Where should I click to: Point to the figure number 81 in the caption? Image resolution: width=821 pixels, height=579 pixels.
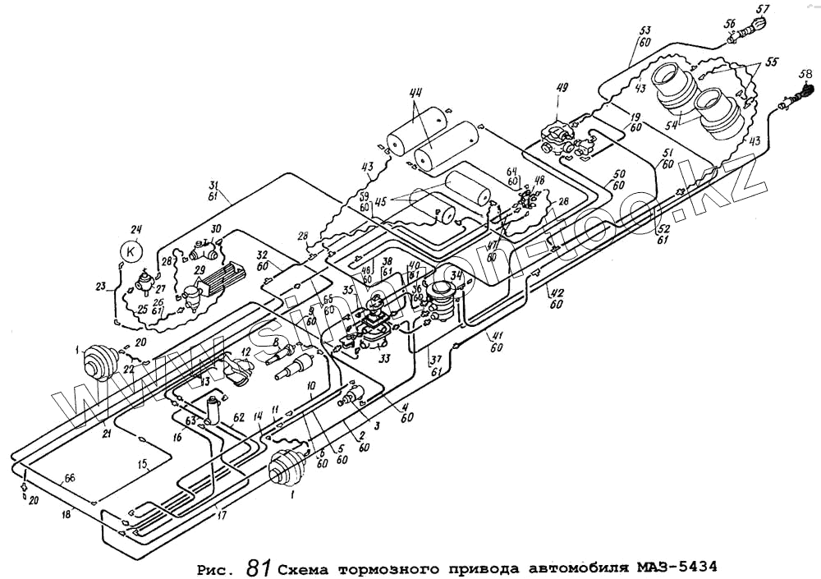(x=258, y=566)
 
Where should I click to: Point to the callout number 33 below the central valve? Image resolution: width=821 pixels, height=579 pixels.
(x=383, y=358)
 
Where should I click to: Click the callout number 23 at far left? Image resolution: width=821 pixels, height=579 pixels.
(x=101, y=287)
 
